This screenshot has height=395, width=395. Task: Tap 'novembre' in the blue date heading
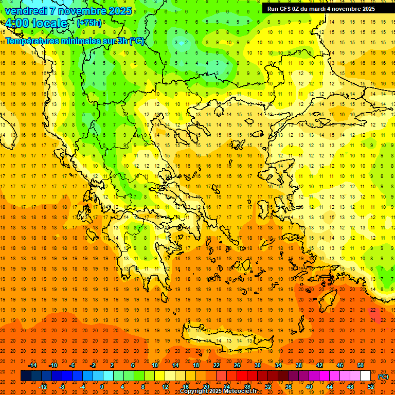[81, 11]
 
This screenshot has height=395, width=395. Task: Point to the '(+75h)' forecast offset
[89, 23]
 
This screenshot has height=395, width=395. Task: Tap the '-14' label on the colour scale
[32, 365]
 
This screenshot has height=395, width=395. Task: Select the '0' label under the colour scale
[101, 387]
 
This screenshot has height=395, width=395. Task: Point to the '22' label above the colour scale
[217, 365]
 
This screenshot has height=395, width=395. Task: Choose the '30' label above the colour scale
[258, 365]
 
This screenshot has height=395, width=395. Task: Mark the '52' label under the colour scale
[371, 387]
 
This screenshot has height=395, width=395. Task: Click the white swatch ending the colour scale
[365, 376]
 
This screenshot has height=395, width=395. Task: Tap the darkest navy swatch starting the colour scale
[26, 376]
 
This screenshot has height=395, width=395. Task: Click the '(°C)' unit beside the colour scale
[384, 376]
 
